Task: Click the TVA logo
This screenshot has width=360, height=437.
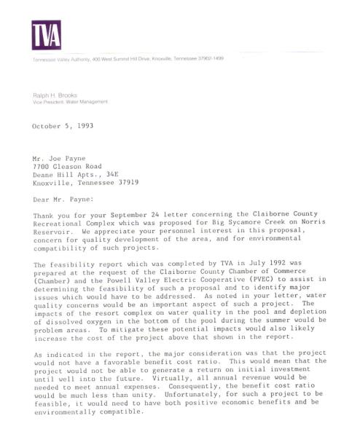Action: tap(46, 34)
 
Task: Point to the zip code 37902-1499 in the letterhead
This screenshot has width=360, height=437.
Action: tap(208, 58)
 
